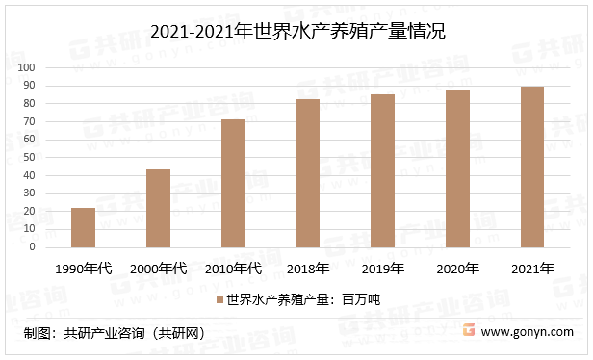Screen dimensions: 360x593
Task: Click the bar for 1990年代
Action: coord(83,228)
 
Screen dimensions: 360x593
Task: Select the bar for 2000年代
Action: coord(158,209)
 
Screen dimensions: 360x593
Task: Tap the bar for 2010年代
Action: coord(233,184)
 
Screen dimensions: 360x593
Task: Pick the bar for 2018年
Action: coord(308,173)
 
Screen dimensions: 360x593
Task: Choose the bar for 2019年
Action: coord(382,171)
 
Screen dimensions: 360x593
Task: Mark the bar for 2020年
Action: coord(457,169)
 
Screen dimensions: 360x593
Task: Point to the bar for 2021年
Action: coord(532,167)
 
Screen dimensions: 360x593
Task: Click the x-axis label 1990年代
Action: coord(84,269)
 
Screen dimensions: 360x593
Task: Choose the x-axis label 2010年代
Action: coord(233,269)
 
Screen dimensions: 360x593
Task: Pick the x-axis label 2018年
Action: coord(308,269)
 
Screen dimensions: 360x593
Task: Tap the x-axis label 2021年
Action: coord(532,269)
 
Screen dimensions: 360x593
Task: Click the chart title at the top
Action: coord(297,32)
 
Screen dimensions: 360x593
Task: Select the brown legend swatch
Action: coord(220,300)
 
